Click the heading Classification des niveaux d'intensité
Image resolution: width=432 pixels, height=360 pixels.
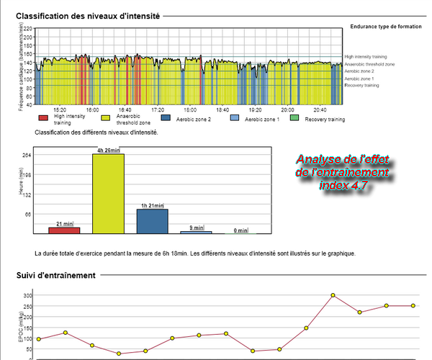click(x=88, y=14)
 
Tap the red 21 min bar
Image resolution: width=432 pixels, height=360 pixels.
click(x=64, y=230)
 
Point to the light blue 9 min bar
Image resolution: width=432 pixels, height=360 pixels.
click(x=196, y=232)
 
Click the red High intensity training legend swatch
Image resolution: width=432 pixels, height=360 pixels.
click(x=43, y=117)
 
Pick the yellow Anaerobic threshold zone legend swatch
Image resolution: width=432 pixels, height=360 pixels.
click(x=107, y=117)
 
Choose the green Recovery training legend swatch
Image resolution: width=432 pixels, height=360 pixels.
click(x=297, y=117)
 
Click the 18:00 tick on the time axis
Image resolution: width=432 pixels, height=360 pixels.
click(x=191, y=109)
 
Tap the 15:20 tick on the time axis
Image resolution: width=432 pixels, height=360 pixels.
click(x=59, y=109)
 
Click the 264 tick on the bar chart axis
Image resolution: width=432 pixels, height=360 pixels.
click(x=27, y=155)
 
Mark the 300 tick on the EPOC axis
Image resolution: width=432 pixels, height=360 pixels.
click(x=27, y=295)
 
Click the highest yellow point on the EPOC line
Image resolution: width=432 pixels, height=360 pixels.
click(x=333, y=295)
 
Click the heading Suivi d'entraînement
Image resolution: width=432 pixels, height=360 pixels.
click(x=56, y=275)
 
